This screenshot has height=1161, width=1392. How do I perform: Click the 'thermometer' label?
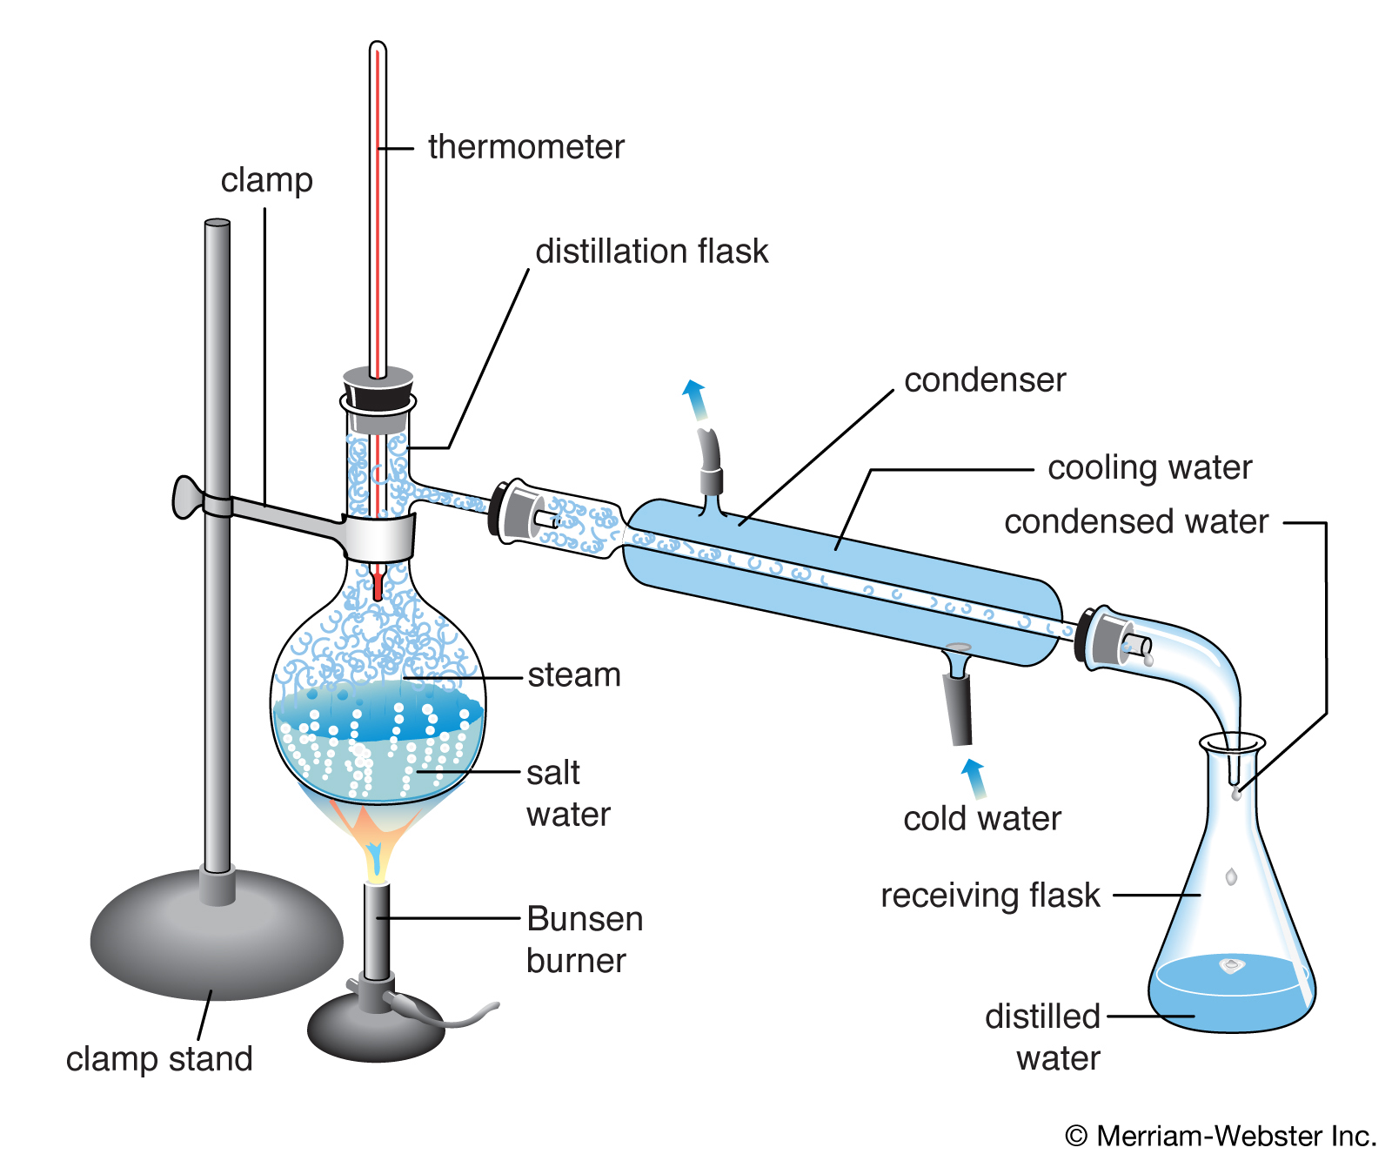(525, 147)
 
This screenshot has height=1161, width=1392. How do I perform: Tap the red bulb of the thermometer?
(378, 587)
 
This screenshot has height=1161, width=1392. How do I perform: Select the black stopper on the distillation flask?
(378, 388)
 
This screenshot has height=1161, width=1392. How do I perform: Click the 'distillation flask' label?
(652, 252)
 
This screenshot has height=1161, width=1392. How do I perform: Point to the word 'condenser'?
(985, 380)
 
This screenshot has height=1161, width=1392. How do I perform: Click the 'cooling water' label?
(1149, 468)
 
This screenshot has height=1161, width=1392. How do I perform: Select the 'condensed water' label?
(1136, 522)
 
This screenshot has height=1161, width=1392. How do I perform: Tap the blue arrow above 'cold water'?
(974, 777)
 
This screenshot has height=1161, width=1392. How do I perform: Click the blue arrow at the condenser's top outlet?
(694, 399)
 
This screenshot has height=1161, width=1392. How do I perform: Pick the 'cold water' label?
(982, 819)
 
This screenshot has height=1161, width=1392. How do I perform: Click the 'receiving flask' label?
(990, 896)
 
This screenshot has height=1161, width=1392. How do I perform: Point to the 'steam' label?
(574, 675)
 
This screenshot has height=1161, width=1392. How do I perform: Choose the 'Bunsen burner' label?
(584, 940)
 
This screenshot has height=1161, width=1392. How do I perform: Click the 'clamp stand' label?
(159, 1059)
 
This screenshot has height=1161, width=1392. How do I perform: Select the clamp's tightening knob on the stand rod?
(187, 497)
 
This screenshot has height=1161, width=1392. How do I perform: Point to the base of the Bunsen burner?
(376, 1031)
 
